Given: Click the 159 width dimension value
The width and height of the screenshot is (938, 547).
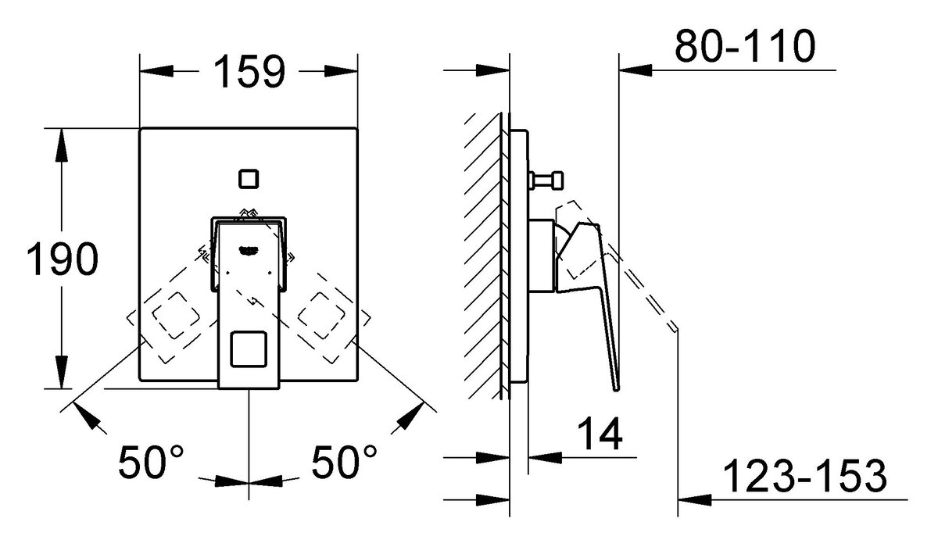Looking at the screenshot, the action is (249, 71).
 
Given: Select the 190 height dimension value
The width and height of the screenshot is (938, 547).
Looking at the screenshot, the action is (63, 258).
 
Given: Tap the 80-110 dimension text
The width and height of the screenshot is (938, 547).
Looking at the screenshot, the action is (745, 46).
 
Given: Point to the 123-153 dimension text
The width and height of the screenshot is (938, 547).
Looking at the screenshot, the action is (805, 476).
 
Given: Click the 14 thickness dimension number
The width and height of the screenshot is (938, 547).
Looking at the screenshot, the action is (600, 433).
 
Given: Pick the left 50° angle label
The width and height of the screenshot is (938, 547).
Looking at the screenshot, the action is (151, 462).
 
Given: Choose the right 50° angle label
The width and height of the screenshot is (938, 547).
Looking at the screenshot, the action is (344, 462).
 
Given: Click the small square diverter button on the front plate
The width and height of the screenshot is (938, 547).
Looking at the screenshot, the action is (249, 179).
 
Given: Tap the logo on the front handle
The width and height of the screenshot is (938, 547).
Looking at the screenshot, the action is (248, 250).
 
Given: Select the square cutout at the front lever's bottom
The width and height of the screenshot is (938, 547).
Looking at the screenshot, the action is (249, 349).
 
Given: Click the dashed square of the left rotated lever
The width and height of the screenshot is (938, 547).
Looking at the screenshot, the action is (176, 316).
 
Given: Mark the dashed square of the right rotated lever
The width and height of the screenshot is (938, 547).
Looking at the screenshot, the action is (321, 316).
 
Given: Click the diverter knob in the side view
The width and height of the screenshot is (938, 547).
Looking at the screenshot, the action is (546, 181).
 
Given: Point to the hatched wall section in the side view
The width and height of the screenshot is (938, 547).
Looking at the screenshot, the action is (483, 256).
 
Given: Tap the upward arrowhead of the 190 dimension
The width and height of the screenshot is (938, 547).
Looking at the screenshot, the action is (62, 145).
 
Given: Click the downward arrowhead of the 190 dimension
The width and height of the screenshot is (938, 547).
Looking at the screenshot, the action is (62, 372).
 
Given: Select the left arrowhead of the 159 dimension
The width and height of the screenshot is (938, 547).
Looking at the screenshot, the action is (156, 71).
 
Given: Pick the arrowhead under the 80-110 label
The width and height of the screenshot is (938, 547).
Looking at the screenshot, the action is (635, 70).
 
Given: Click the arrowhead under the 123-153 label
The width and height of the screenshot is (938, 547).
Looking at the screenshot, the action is (694, 499).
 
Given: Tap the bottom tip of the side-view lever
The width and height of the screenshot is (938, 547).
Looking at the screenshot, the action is (616, 390).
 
